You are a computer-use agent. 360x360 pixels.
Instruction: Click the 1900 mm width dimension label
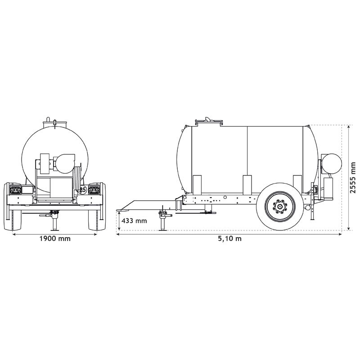point(55,238)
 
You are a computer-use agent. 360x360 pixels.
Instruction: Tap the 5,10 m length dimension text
point(229,238)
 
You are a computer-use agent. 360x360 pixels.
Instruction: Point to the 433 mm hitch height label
point(135,221)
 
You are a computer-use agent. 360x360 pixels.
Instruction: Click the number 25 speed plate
point(82,190)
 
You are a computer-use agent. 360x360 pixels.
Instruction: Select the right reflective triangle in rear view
point(95,190)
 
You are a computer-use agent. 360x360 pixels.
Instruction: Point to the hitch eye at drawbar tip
point(121,210)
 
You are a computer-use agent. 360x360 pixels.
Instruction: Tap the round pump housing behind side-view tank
point(333,162)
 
